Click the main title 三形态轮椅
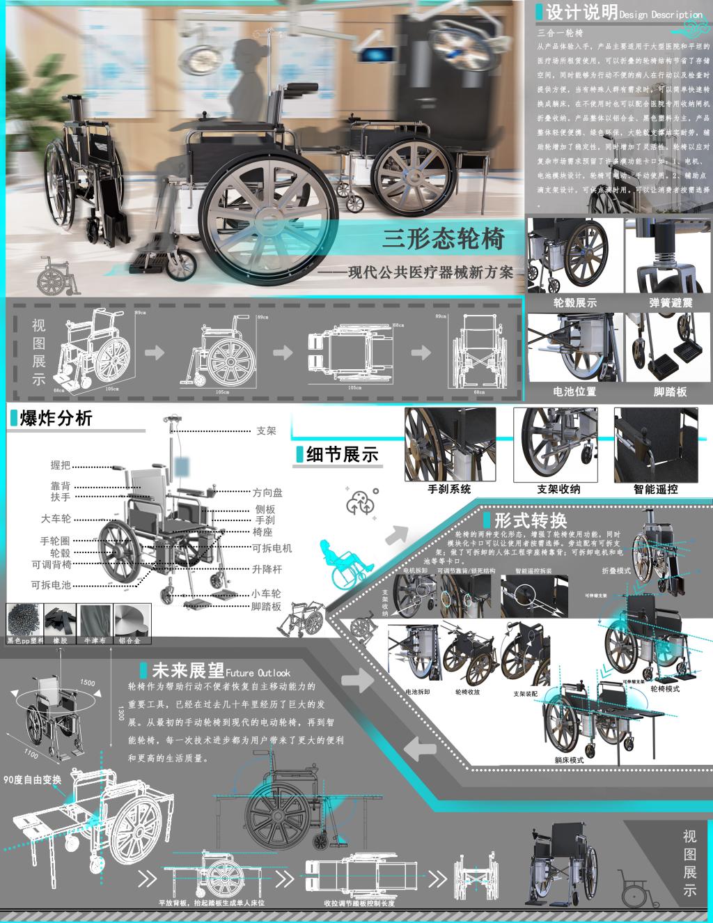(x=444, y=239)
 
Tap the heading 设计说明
(x=581, y=13)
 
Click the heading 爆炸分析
(x=56, y=419)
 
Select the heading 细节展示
(x=342, y=454)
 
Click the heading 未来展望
(x=188, y=671)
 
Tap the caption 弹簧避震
(x=670, y=303)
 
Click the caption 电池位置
(x=574, y=391)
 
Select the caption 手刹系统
(x=449, y=489)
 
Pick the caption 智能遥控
(x=655, y=489)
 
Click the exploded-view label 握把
(x=61, y=465)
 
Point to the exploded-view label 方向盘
(x=267, y=492)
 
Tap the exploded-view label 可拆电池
(x=51, y=585)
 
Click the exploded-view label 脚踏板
(x=266, y=607)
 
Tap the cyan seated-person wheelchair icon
(x=343, y=562)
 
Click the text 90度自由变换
(x=33, y=779)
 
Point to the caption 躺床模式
(x=569, y=760)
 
